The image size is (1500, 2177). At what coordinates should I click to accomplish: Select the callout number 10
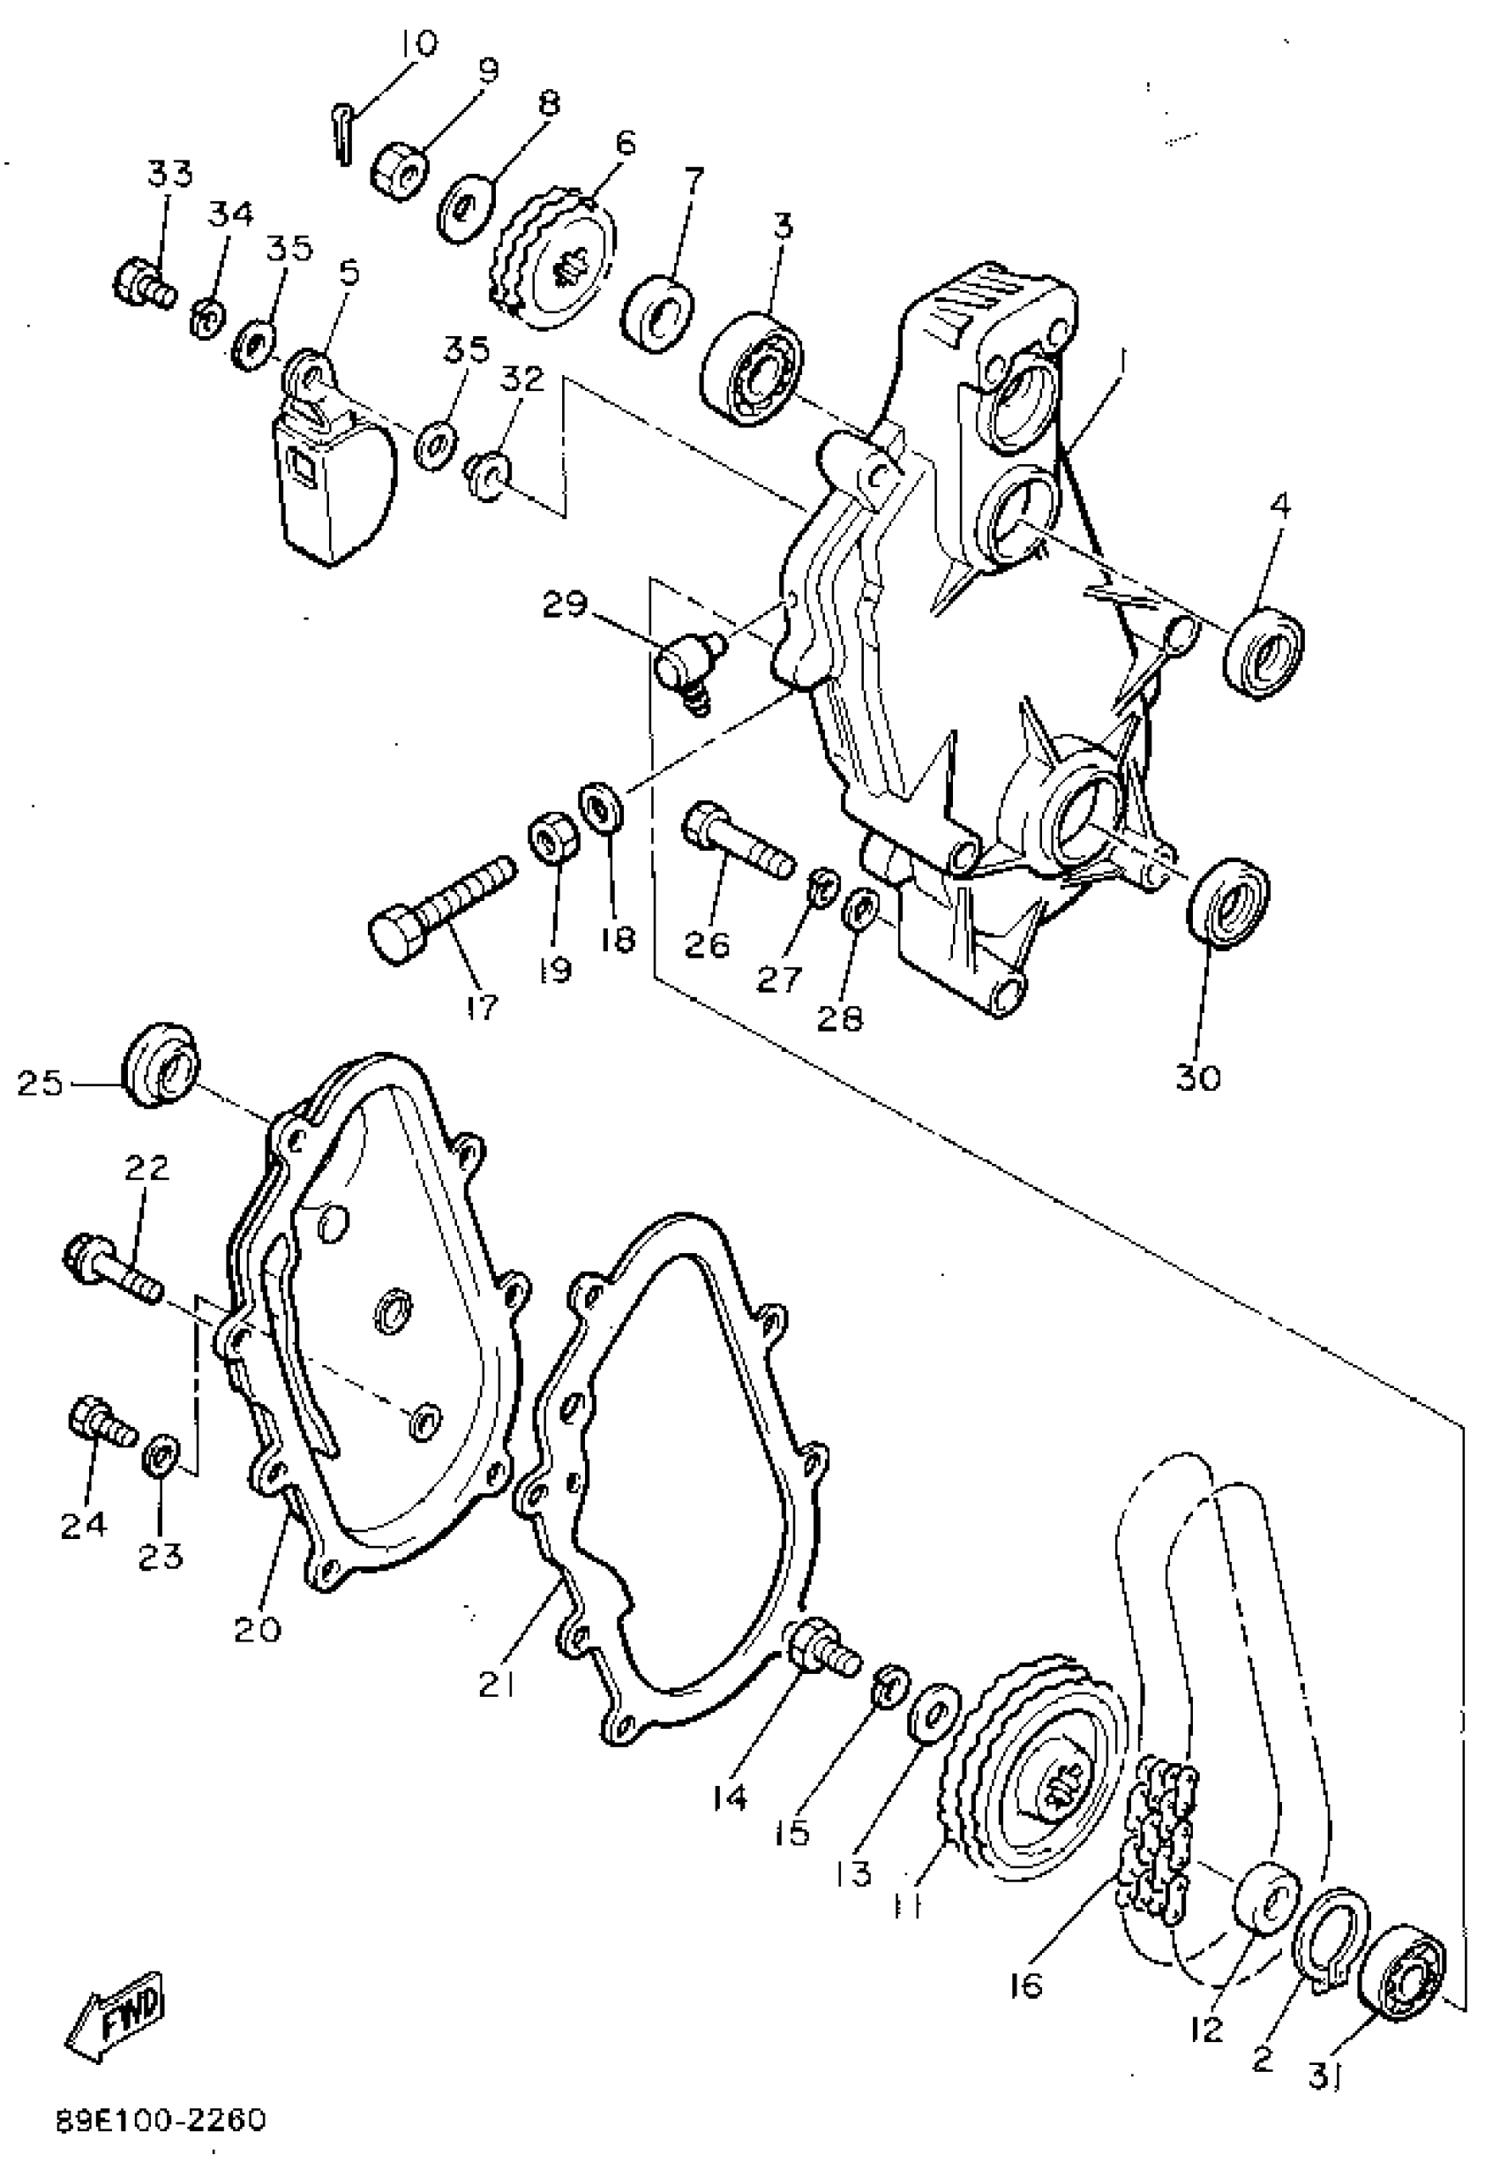pyautogui.click(x=416, y=44)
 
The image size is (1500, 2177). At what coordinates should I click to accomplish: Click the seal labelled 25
pyautogui.click(x=160, y=1062)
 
